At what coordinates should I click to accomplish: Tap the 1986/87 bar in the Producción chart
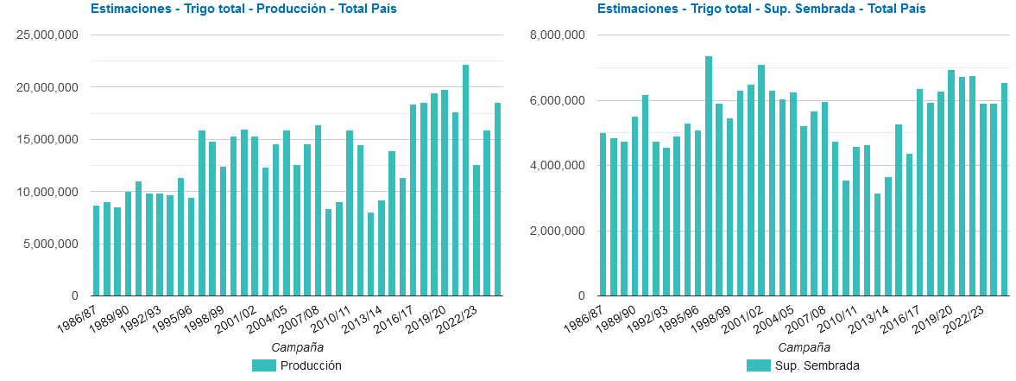pyautogui.click(x=97, y=251)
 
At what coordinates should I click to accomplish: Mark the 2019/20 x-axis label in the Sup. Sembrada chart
pyautogui.click(x=932, y=315)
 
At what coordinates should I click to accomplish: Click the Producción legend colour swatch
pyautogui.click(x=263, y=365)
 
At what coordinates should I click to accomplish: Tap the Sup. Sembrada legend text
pyautogui.click(x=817, y=365)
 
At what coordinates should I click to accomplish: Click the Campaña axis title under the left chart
pyautogui.click(x=297, y=347)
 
